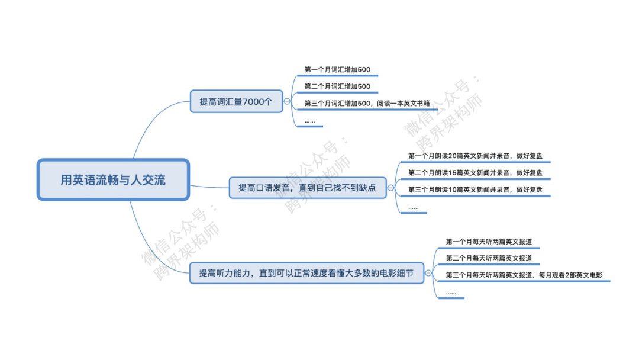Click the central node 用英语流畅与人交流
tap(113, 179)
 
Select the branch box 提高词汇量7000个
tap(236, 101)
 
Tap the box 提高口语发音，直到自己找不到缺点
tap(307, 188)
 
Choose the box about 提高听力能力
tap(306, 273)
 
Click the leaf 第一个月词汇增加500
tap(337, 70)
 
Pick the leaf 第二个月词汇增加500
tap(337, 86)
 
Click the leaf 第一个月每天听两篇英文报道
tap(489, 242)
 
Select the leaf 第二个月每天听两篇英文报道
tap(489, 258)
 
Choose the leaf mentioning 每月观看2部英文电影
tap(524, 275)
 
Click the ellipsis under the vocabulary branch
tap(309, 121)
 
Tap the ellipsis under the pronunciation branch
tap(413, 207)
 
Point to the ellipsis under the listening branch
tap(451, 292)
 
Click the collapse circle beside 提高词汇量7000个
tap(288, 101)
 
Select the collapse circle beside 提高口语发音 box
tap(390, 188)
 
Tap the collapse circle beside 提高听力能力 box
tap(429, 273)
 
